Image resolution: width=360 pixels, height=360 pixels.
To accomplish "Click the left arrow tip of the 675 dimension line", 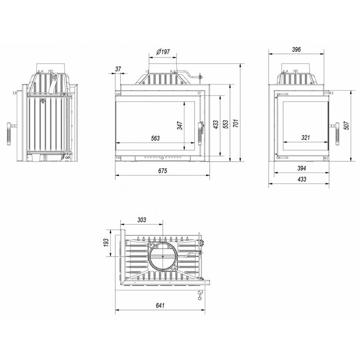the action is pyautogui.click(x=115, y=175).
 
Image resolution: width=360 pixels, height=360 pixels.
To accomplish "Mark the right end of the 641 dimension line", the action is pyautogui.click(x=205, y=310).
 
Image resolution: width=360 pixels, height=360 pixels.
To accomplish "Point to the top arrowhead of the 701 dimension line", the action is pyautogui.click(x=240, y=64).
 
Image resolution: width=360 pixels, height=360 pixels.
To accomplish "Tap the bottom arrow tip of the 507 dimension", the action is pyautogui.click(x=351, y=161).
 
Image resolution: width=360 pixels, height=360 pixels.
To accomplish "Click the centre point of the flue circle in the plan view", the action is pyautogui.click(x=163, y=256).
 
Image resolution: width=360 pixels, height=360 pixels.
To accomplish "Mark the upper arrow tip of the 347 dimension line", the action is pyautogui.click(x=184, y=102).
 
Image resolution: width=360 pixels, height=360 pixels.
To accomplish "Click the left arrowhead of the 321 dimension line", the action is pyautogui.click(x=283, y=142).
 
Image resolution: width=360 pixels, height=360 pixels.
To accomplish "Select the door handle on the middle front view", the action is pyautogui.click(x=200, y=134).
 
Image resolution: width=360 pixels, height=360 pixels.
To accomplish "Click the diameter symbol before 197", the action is pyautogui.click(x=159, y=52).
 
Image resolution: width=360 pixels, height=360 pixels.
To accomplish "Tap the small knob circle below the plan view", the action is pyautogui.click(x=199, y=298).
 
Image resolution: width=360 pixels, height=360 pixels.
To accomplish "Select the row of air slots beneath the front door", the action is pyautogui.click(x=163, y=157).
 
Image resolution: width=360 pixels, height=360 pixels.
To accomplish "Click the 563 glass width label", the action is pyautogui.click(x=155, y=138).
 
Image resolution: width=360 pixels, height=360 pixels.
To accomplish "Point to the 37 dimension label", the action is pyautogui.click(x=118, y=69).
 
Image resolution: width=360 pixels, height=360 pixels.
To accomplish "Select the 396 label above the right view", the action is pyautogui.click(x=296, y=49).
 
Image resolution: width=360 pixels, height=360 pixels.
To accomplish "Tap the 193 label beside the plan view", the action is pyautogui.click(x=106, y=243).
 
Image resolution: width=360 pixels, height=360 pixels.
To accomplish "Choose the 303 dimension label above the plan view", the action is pyautogui.click(x=142, y=220).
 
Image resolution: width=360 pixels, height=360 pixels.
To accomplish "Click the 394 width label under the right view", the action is pyautogui.click(x=301, y=168).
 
